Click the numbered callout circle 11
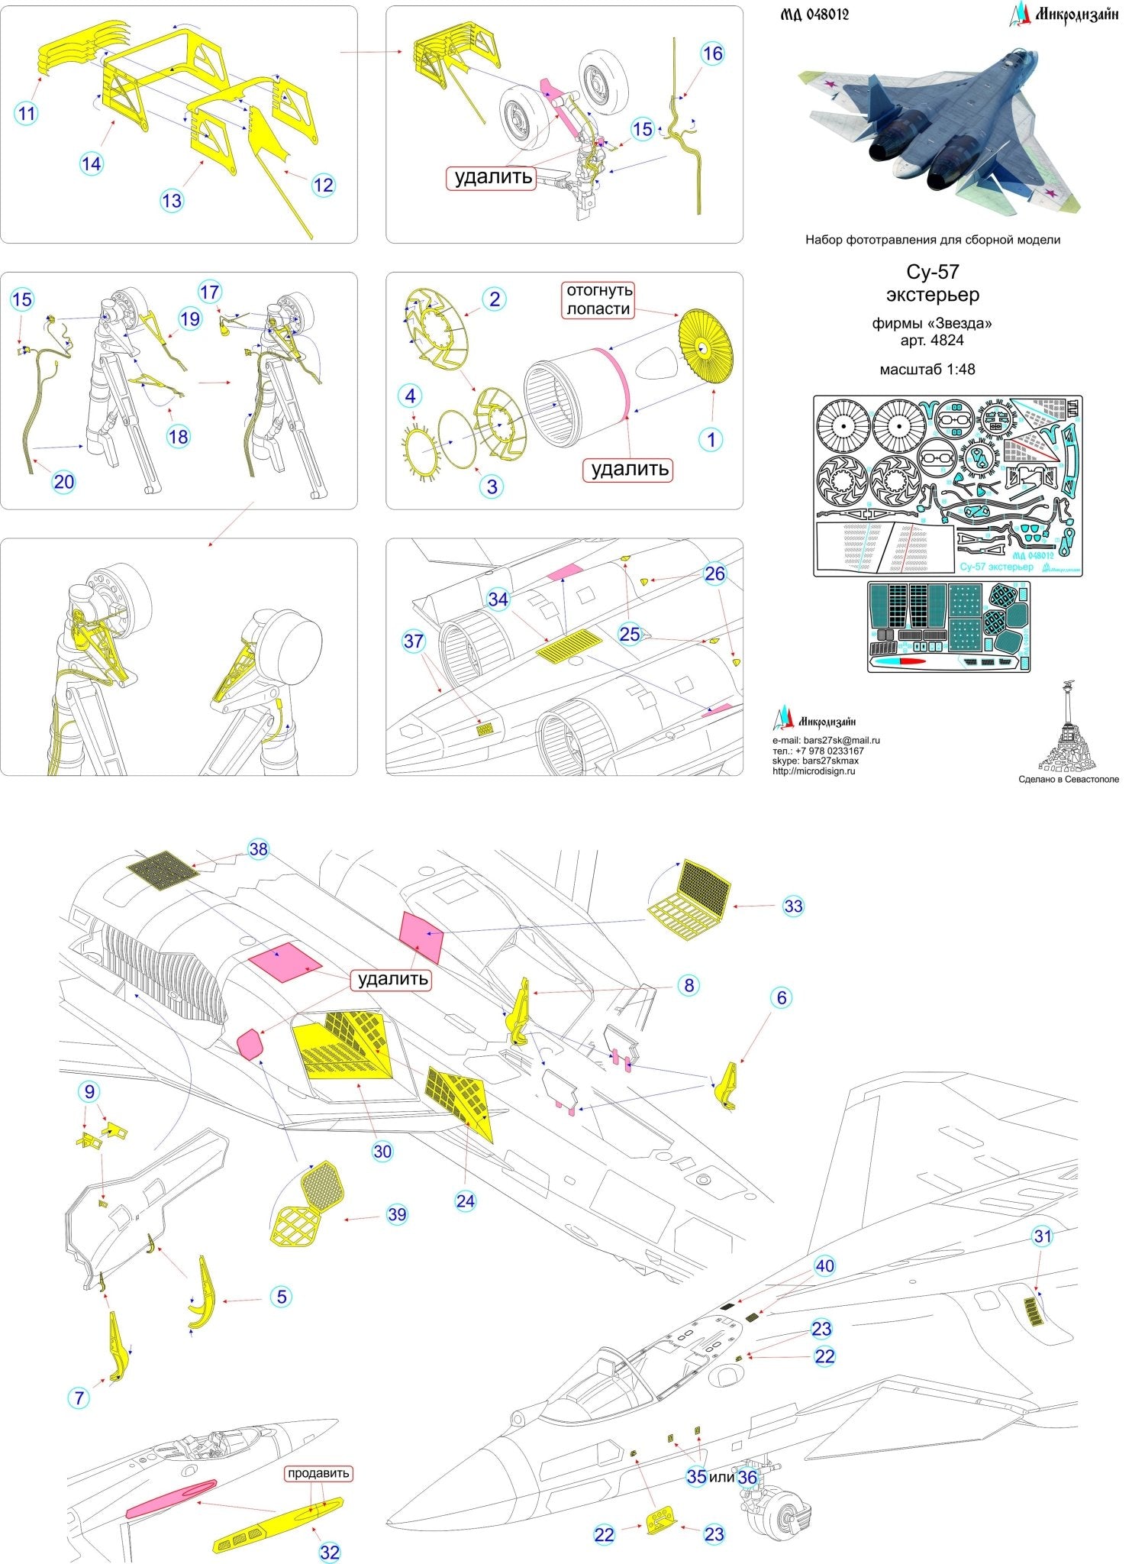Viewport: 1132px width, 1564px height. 26,114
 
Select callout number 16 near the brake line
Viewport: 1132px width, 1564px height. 711,53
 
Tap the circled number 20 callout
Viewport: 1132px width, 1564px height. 64,481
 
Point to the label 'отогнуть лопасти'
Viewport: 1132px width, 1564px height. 598,299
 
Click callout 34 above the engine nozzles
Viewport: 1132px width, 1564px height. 498,599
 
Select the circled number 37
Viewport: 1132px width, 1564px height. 413,641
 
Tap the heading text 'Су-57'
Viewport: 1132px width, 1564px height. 932,272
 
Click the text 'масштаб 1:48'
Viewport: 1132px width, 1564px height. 927,369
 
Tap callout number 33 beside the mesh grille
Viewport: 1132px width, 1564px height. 793,906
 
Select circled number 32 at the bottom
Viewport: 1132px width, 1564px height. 329,1552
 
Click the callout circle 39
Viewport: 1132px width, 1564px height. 397,1214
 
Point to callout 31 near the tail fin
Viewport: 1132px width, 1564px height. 1042,1236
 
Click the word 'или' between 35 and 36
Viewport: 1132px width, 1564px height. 721,1477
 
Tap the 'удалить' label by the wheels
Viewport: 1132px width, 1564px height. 493,177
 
